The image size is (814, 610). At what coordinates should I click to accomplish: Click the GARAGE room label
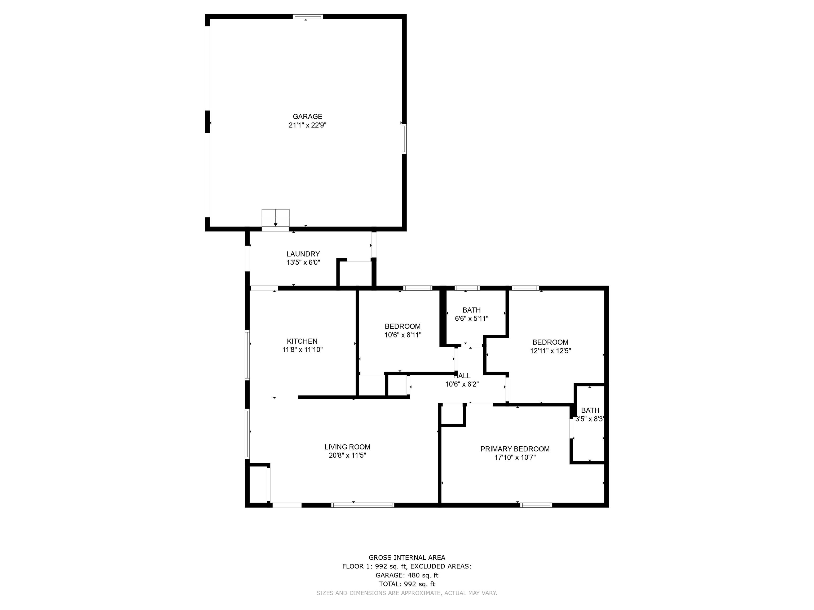[307, 116]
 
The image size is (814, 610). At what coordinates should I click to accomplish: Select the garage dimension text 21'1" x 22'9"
[307, 125]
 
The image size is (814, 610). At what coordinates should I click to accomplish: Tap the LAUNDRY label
[303, 254]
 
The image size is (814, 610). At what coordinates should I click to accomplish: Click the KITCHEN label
[302, 341]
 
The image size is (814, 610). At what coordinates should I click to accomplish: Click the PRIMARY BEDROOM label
[515, 449]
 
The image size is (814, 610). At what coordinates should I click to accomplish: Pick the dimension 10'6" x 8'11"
[402, 335]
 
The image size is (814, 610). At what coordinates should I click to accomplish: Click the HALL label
[462, 376]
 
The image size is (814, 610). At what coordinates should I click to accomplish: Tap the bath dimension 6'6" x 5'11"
[471, 319]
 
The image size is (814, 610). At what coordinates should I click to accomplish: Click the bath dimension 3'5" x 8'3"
[590, 419]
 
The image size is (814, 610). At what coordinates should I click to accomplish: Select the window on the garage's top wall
[308, 16]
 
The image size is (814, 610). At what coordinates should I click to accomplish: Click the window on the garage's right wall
[404, 139]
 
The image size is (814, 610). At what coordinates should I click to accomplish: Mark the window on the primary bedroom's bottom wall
[536, 505]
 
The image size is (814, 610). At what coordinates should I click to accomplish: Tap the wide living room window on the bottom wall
[363, 505]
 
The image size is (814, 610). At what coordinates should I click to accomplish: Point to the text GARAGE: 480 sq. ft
[407, 575]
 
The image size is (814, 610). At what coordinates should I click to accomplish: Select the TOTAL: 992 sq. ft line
[407, 584]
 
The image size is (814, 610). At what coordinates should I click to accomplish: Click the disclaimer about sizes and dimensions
[407, 593]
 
